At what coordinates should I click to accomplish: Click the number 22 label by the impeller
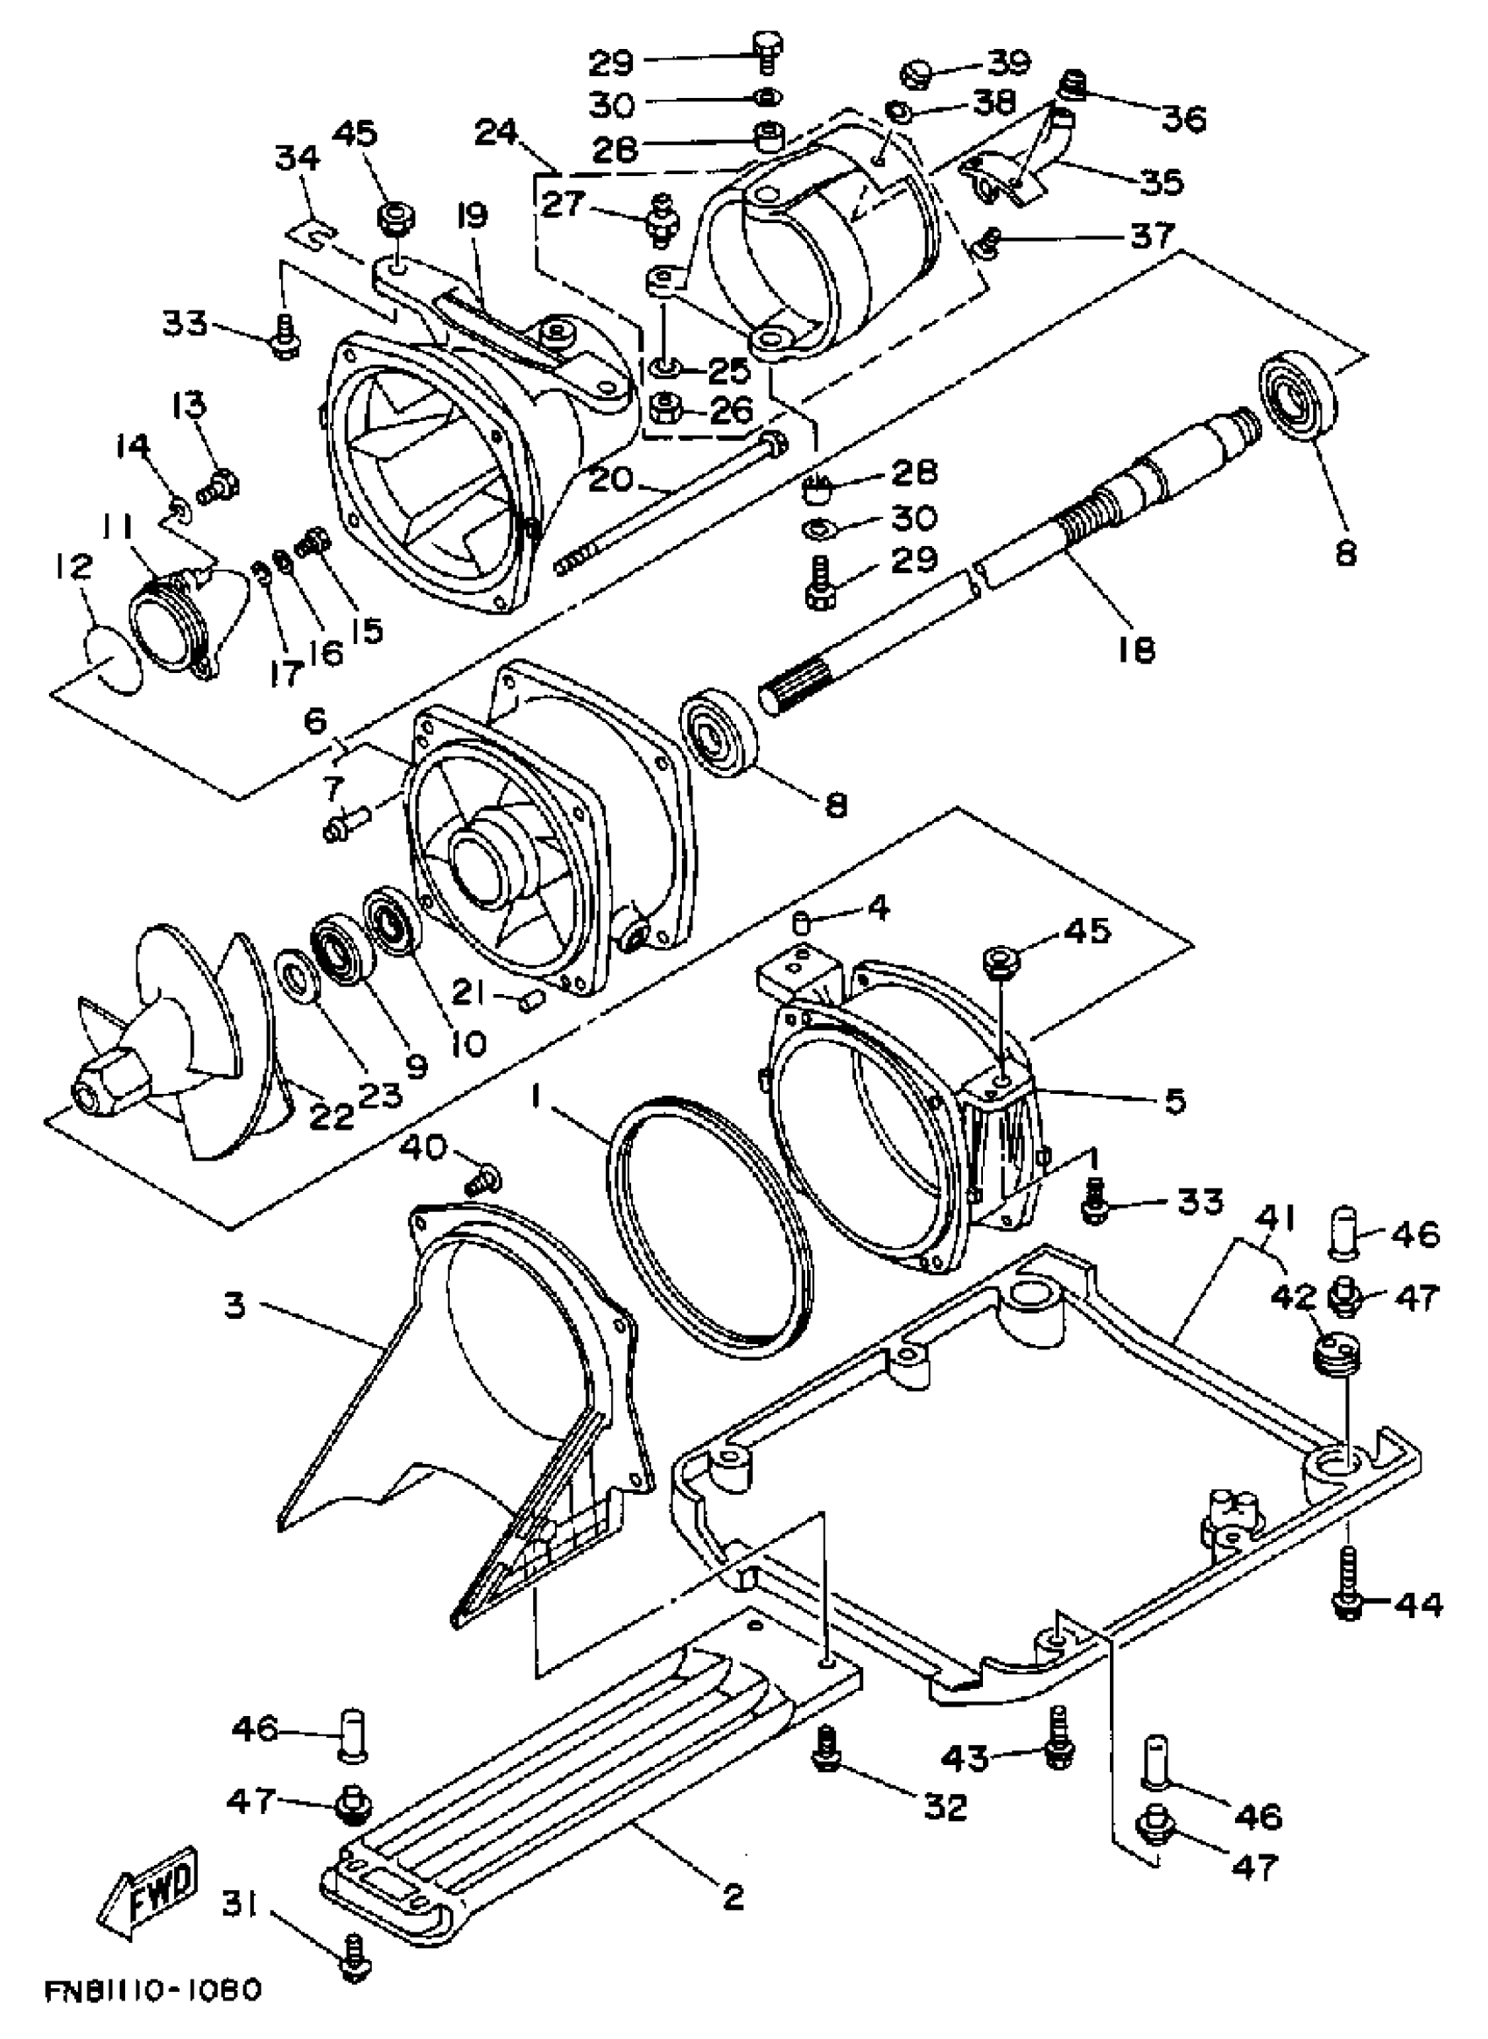tap(332, 1116)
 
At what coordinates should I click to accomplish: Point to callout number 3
tap(235, 1305)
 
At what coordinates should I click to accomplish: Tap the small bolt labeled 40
tap(485, 1178)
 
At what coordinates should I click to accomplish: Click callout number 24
tap(497, 133)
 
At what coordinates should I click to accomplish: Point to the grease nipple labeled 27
tap(663, 219)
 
